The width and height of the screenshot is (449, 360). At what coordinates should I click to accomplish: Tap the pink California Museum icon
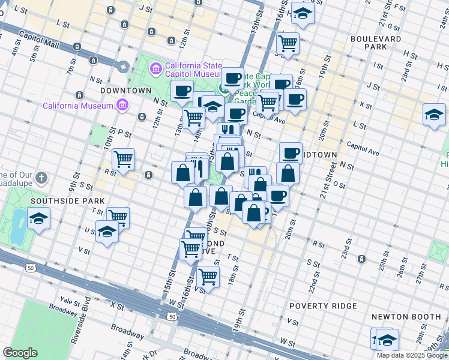click(122, 106)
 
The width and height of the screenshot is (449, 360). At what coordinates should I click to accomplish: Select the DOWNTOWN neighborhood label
click(125, 91)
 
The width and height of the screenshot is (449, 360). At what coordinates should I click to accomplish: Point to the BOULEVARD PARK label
click(376, 43)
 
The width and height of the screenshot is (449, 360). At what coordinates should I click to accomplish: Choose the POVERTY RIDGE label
click(322, 306)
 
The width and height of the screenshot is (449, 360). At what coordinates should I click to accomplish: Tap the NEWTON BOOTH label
click(406, 316)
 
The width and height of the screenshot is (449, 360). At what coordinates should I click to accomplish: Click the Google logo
click(20, 353)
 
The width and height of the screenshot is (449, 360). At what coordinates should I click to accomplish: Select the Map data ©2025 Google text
click(412, 355)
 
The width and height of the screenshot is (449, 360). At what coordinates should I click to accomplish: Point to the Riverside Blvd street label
click(80, 326)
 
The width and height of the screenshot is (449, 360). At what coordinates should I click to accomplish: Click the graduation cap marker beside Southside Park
click(38, 218)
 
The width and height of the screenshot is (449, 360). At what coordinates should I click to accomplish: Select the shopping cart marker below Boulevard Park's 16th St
click(288, 43)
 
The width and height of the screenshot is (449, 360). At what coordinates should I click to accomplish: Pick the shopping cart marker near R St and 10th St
click(123, 160)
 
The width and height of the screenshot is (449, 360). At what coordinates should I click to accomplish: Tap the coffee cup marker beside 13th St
click(181, 91)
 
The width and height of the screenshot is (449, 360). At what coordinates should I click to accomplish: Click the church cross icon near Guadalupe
click(41, 178)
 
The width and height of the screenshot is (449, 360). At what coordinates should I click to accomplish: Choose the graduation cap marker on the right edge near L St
click(434, 114)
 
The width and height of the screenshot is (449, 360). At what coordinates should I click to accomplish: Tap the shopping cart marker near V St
click(208, 277)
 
